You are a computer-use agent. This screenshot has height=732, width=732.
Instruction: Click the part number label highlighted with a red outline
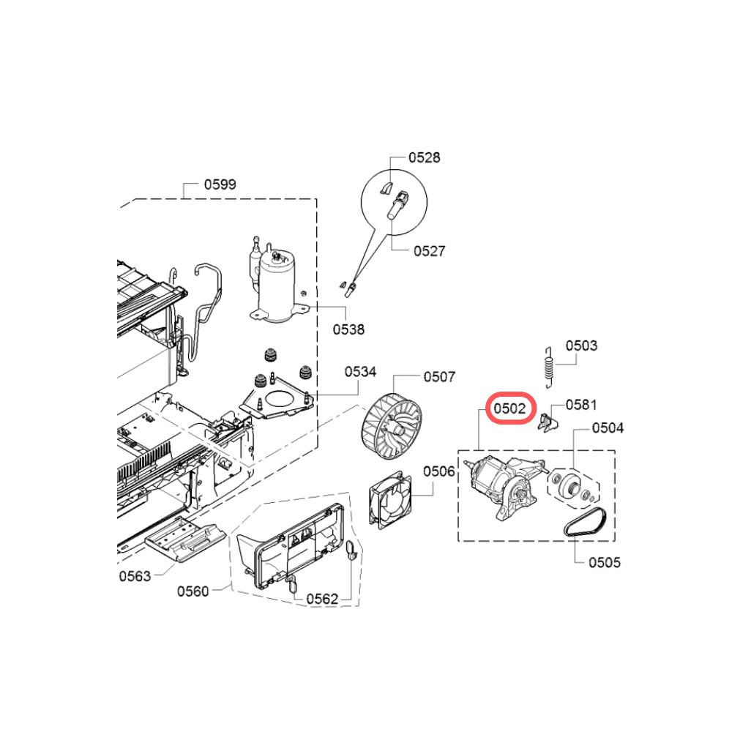[509, 408]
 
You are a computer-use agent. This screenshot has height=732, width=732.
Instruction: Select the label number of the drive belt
[605, 562]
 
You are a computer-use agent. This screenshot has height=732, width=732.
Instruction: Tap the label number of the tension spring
[581, 346]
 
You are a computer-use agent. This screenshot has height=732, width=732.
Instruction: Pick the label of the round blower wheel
[439, 377]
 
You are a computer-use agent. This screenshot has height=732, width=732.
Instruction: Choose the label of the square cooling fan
[438, 471]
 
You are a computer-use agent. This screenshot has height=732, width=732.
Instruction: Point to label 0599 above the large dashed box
[220, 184]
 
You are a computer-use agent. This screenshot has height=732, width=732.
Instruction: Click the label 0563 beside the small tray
[135, 577]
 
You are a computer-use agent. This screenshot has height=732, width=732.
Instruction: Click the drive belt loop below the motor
[585, 523]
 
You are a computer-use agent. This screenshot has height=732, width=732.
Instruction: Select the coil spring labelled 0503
[550, 367]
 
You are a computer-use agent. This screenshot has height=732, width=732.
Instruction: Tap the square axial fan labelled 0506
[390, 501]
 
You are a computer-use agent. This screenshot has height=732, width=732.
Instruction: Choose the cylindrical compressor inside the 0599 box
[277, 285]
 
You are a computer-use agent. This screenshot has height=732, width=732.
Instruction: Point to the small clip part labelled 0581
[548, 422]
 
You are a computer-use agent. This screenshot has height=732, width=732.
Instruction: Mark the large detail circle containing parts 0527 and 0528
[394, 202]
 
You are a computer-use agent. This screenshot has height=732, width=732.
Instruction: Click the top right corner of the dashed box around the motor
[615, 450]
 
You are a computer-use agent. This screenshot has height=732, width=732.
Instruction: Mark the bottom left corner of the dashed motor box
[458, 542]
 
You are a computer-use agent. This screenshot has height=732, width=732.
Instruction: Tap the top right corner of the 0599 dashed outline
[316, 199]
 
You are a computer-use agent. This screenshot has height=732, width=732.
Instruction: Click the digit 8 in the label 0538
[361, 329]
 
